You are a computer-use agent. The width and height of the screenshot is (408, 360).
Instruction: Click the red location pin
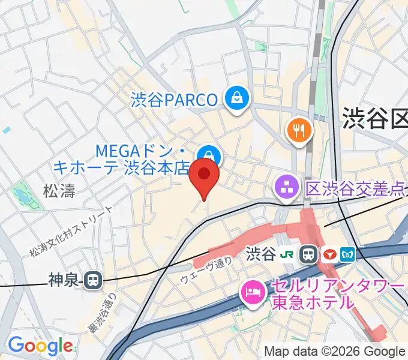(204, 175)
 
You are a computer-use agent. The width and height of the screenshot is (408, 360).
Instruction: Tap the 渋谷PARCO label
(174, 100)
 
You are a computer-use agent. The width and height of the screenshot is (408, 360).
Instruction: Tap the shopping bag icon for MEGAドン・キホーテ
(209, 155)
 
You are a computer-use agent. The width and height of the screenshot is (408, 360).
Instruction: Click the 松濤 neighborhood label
(59, 191)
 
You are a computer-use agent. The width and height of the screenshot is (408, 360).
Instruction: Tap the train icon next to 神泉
(93, 280)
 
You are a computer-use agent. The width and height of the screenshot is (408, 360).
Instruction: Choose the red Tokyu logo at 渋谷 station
(329, 254)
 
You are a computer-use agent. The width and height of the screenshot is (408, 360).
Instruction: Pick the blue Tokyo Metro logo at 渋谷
(347, 254)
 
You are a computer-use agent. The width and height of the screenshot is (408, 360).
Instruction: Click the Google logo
(40, 345)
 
